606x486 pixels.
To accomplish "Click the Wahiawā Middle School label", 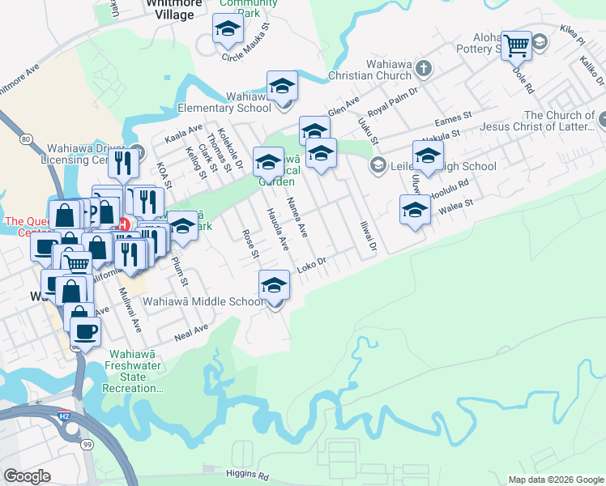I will (x=203, y=301).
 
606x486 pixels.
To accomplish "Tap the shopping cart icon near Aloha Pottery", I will (x=516, y=45).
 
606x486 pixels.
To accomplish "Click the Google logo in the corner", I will (x=27, y=476).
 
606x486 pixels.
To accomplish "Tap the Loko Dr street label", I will (x=310, y=263).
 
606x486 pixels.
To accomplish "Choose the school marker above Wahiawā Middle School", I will (x=275, y=285).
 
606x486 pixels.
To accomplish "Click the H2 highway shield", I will (x=66, y=416).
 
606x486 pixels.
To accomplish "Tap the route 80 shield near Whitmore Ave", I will (x=27, y=139).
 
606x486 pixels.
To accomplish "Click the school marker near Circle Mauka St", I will (x=228, y=29).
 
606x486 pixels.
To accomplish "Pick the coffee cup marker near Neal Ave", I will (x=85, y=330).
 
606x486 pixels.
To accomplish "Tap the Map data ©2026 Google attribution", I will (x=556, y=480).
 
